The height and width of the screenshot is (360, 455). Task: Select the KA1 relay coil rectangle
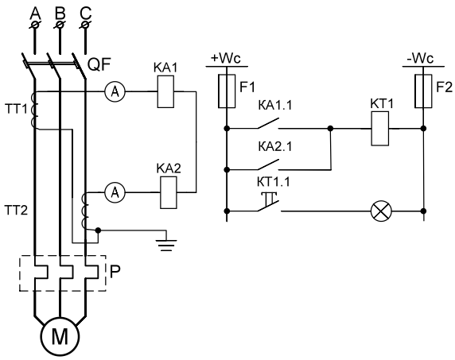165,91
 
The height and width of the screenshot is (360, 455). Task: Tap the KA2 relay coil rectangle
169,192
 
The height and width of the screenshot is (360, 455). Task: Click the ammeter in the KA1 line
115,92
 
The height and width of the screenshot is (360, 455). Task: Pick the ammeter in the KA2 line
115,192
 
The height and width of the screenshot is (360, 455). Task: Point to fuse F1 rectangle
227,91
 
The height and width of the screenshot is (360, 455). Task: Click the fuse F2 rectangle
423,91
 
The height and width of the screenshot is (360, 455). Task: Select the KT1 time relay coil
380,129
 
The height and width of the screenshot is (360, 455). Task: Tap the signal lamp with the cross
381,211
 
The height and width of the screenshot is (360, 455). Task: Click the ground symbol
166,245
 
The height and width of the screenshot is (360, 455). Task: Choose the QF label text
99,65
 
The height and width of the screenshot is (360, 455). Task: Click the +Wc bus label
226,58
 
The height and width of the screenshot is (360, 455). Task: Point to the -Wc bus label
420,59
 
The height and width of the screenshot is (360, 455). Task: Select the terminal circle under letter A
36,25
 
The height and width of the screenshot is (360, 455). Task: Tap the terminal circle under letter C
85,25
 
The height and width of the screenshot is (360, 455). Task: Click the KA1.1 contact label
275,106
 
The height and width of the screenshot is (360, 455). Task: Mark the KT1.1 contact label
274,182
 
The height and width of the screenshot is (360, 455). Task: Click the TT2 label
16,210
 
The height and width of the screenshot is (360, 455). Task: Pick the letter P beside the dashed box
115,272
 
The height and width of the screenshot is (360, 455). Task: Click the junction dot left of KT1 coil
330,128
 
